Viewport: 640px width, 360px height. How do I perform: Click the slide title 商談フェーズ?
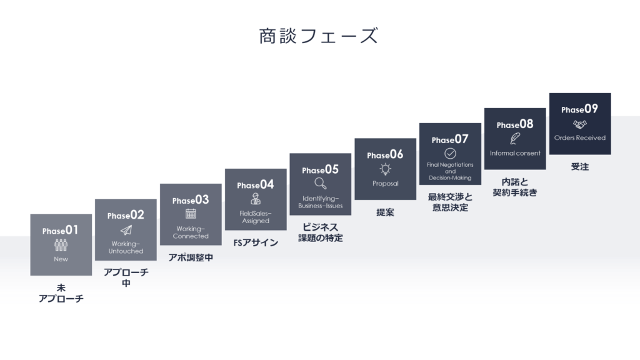[319, 36]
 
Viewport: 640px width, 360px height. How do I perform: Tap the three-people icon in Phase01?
[61, 245]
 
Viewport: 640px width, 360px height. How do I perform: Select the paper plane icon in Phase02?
[126, 230]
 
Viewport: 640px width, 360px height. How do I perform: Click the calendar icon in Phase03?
[191, 214]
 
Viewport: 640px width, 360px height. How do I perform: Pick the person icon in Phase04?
[256, 199]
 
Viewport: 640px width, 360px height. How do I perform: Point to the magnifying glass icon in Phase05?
[321, 183]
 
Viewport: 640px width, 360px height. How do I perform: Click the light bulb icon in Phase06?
[385, 169]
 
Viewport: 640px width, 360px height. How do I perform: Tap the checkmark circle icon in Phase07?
[450, 154]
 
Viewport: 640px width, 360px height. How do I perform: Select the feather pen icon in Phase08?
[515, 138]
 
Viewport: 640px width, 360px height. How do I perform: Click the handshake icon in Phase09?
[579, 124]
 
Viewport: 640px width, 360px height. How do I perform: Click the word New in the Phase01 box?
[61, 259]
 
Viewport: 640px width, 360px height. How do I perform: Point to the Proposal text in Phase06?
[385, 184]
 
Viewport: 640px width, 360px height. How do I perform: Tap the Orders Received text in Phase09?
[579, 138]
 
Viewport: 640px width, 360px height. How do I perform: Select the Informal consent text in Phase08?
[515, 153]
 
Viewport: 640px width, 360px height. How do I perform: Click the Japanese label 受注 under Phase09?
[579, 166]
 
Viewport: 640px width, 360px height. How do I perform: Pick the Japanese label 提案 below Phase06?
[385, 212]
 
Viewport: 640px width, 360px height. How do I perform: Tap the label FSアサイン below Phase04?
[256, 243]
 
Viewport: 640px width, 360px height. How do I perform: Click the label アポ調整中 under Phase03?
[191, 257]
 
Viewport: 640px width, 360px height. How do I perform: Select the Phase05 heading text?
[321, 169]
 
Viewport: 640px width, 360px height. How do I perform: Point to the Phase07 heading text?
[450, 139]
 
